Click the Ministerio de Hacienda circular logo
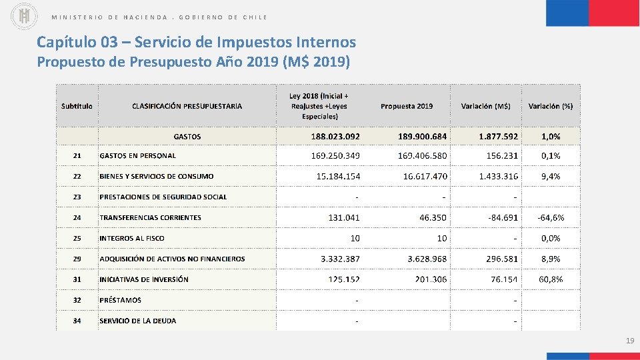point(25,17)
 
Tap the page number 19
point(629,341)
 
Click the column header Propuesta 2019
point(407,106)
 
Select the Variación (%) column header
point(551,106)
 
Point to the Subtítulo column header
point(77,106)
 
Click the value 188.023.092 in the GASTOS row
point(335,136)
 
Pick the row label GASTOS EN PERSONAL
point(137,156)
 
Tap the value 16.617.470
point(425,177)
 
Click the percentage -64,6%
point(551,218)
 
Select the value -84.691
point(503,218)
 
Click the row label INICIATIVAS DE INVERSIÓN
point(144,279)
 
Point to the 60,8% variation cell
point(551,279)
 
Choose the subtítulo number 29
point(77,259)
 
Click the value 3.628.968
point(427,259)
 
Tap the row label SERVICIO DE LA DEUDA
point(138,321)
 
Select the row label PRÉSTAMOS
point(120,300)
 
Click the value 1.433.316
point(498,177)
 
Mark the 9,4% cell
point(551,177)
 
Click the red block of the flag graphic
point(614,13)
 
